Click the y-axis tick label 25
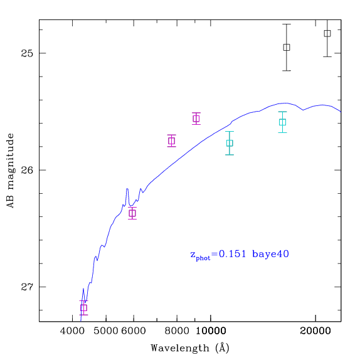coord(27,53)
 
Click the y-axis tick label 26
coord(27,170)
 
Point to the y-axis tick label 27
coord(27,287)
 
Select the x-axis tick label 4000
coord(73,331)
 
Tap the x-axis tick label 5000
coord(106,331)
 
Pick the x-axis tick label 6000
coord(134,331)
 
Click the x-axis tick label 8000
coord(177,331)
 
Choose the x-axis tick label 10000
coord(211,331)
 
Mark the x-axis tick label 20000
coord(315,331)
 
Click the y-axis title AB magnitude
coord(10,171)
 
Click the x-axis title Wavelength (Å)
coord(190,348)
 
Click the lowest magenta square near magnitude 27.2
coord(83,308)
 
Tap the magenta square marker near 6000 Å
coord(132,213)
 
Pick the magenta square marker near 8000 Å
coord(171,140)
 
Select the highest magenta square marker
coord(196,119)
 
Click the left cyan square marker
coord(230,143)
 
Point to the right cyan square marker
coord(283,122)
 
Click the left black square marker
coord(287,47)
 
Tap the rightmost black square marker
coord(327,33)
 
